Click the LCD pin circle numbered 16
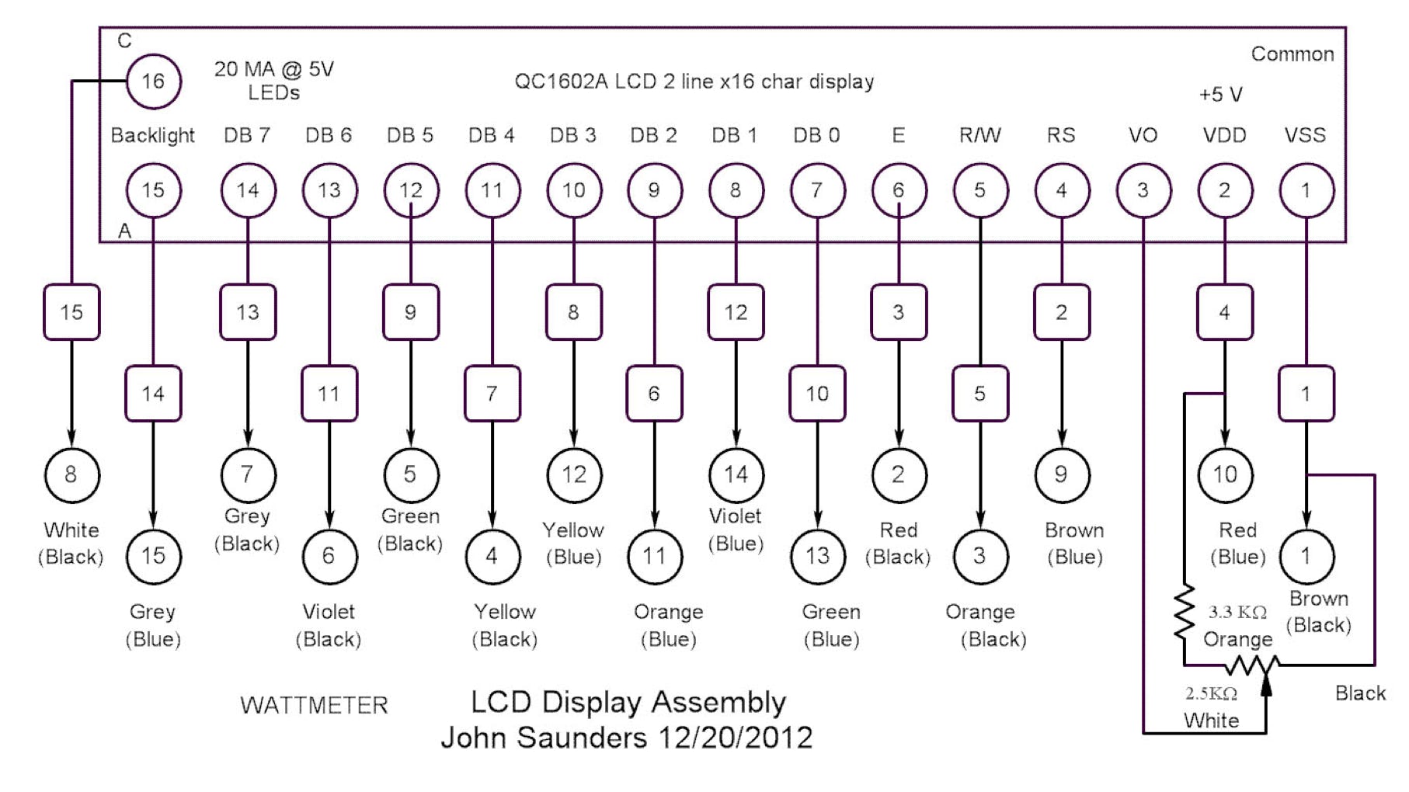153,82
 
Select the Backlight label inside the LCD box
152,135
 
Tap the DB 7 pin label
247,135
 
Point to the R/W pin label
979,135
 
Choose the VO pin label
1143,135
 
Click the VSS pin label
1305,135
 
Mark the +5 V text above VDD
1220,95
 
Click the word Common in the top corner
1292,54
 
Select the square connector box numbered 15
71,312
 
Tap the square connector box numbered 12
736,312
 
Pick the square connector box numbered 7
492,394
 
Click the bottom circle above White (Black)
71,474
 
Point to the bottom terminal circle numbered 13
817,556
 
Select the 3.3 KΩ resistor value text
1237,612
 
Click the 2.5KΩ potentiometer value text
1211,693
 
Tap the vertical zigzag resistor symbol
1184,613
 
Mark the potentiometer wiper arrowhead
1265,683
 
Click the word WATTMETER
314,705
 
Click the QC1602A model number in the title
561,82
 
